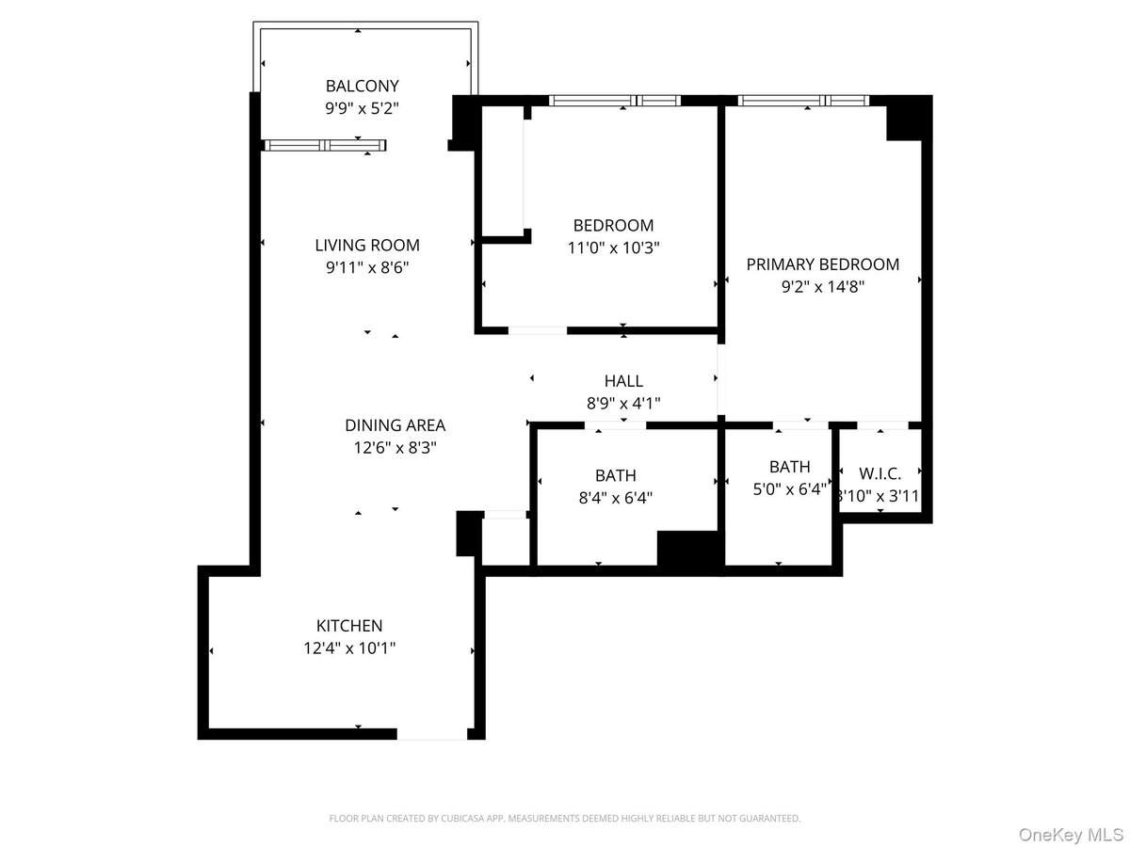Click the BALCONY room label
click(362, 85)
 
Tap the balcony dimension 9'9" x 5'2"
click(362, 108)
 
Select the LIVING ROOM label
click(367, 245)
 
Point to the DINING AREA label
click(395, 425)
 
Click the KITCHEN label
click(349, 626)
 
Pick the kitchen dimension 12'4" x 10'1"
click(349, 648)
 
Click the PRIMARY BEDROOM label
click(822, 264)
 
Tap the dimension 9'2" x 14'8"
click(822, 287)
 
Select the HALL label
click(623, 381)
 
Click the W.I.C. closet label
click(880, 474)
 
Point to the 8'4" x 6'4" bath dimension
click(615, 498)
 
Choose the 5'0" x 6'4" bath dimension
click(788, 489)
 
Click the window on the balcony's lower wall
click(324, 145)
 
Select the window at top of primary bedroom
click(802, 100)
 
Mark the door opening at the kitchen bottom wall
click(431, 734)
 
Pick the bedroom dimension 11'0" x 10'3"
click(613, 248)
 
